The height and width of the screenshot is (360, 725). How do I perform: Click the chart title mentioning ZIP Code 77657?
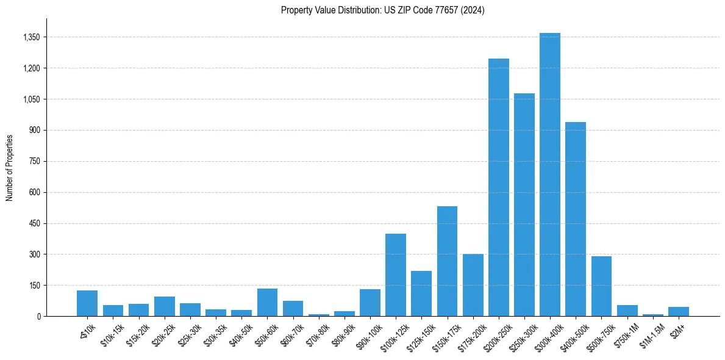tap(382, 10)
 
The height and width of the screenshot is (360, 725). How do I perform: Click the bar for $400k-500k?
tap(575, 219)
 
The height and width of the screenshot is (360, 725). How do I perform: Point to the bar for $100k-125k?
tap(396, 275)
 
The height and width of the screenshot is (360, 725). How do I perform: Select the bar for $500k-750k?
tap(601, 286)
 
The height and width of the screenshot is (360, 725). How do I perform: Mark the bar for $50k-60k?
tap(267, 302)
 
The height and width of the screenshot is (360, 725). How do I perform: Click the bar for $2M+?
tap(678, 311)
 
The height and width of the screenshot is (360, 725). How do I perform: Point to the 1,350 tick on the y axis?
tap(31, 37)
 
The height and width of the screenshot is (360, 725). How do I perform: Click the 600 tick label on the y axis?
tap(34, 192)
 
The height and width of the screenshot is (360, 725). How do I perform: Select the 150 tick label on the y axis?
tap(34, 285)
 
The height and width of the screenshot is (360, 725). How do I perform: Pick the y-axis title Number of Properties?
tap(10, 168)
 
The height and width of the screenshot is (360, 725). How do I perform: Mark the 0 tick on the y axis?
tap(38, 316)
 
